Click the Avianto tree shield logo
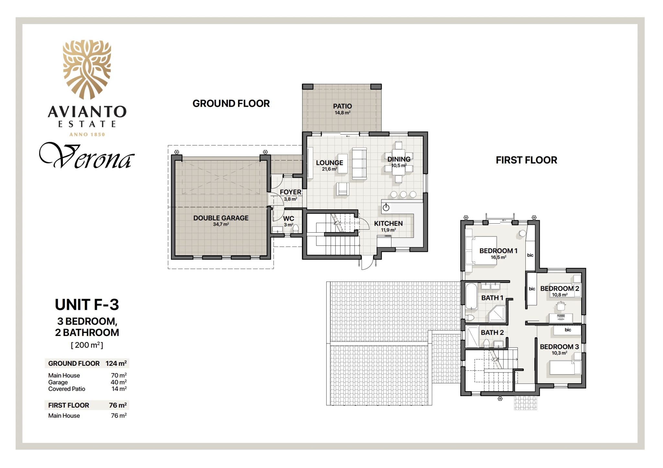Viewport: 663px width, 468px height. tap(87, 69)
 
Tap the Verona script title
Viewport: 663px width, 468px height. tap(87, 156)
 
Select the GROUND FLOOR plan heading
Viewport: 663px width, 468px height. tap(231, 104)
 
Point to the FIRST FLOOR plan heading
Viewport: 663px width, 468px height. tap(526, 160)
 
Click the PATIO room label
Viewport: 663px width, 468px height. tap(342, 106)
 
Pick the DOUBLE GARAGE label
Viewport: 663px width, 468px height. tap(221, 218)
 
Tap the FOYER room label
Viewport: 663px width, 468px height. tap(290, 192)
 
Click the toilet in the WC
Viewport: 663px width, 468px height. tap(296, 229)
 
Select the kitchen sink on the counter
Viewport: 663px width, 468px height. tap(386, 207)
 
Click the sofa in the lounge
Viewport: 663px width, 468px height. tap(359, 163)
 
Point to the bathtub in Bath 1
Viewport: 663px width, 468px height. tap(471, 296)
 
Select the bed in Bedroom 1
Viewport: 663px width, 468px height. tap(481, 251)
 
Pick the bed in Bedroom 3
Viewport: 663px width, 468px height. tap(565, 368)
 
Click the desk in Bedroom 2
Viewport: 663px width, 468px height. tap(561, 318)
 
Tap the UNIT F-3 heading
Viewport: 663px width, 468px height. tap(87, 305)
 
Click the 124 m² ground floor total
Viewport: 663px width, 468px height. tap(116, 363)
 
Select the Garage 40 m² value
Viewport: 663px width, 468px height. tap(118, 382)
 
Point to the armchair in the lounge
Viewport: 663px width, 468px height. tap(342, 189)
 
